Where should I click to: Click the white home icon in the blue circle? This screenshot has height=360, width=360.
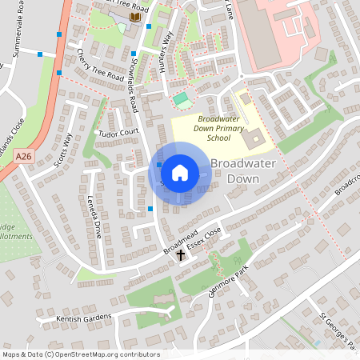coord(180,172)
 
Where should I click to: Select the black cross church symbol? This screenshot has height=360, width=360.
coord(181,255)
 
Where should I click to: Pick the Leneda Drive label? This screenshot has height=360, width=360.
coord(94,217)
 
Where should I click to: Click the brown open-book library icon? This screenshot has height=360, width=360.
coord(133,16)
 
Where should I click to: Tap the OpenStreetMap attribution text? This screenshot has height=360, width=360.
coord(80,354)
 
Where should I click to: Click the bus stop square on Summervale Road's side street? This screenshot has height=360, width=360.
coord(40,54)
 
